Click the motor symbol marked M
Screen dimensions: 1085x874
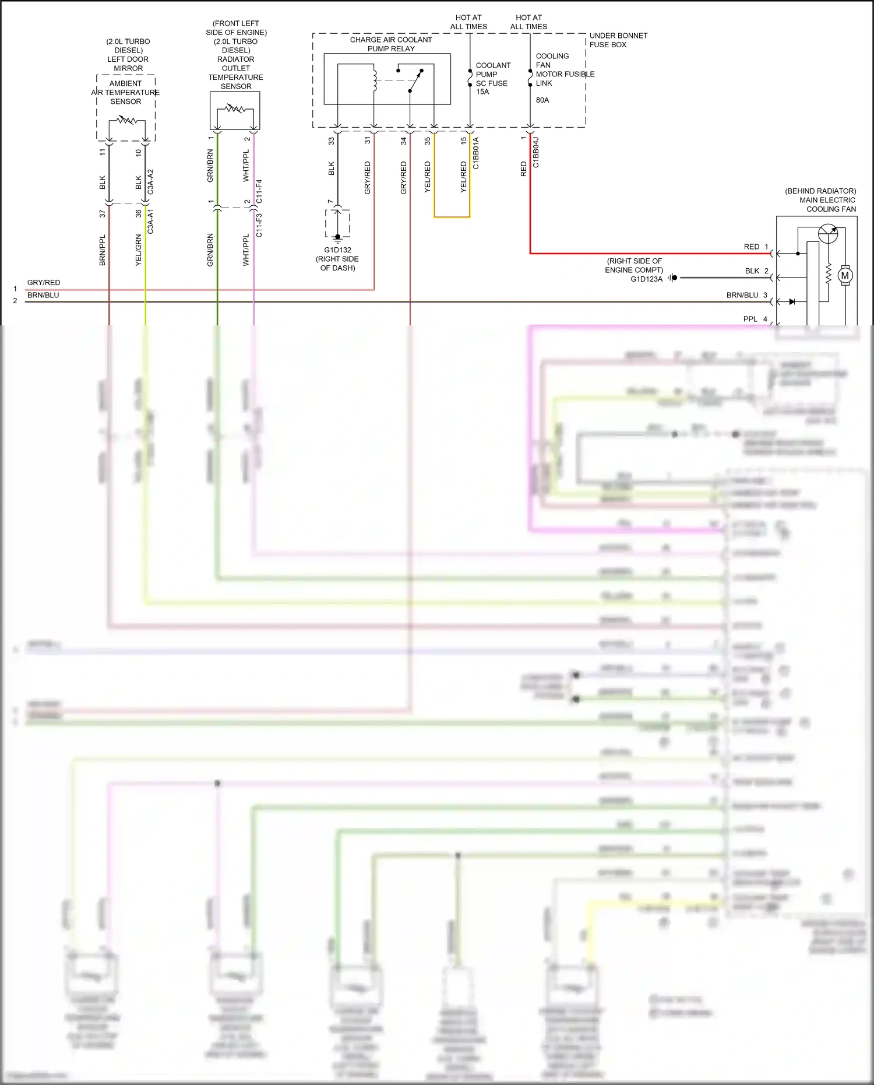coord(845,275)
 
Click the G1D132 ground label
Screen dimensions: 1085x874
coord(337,250)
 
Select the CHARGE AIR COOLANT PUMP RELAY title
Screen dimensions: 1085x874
coord(391,44)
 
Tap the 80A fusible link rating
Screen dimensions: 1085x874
coord(542,100)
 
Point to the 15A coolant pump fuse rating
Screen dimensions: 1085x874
coord(482,92)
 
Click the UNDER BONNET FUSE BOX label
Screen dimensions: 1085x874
coord(618,40)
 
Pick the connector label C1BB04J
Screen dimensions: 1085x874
coord(535,153)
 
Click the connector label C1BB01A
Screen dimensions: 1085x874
coord(475,153)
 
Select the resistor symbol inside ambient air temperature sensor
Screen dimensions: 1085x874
coord(126,121)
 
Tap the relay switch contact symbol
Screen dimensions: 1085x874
coord(415,81)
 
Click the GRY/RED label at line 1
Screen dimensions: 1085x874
coord(44,283)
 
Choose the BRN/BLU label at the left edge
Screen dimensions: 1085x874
coord(43,295)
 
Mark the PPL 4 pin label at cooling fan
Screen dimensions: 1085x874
coord(755,319)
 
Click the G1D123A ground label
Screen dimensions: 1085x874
coord(646,279)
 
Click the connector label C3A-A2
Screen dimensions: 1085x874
coord(150,182)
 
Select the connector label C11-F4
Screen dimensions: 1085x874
coord(259,191)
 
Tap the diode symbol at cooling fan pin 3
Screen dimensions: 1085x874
coord(792,301)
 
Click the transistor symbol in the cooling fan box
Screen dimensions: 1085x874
coord(827,233)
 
